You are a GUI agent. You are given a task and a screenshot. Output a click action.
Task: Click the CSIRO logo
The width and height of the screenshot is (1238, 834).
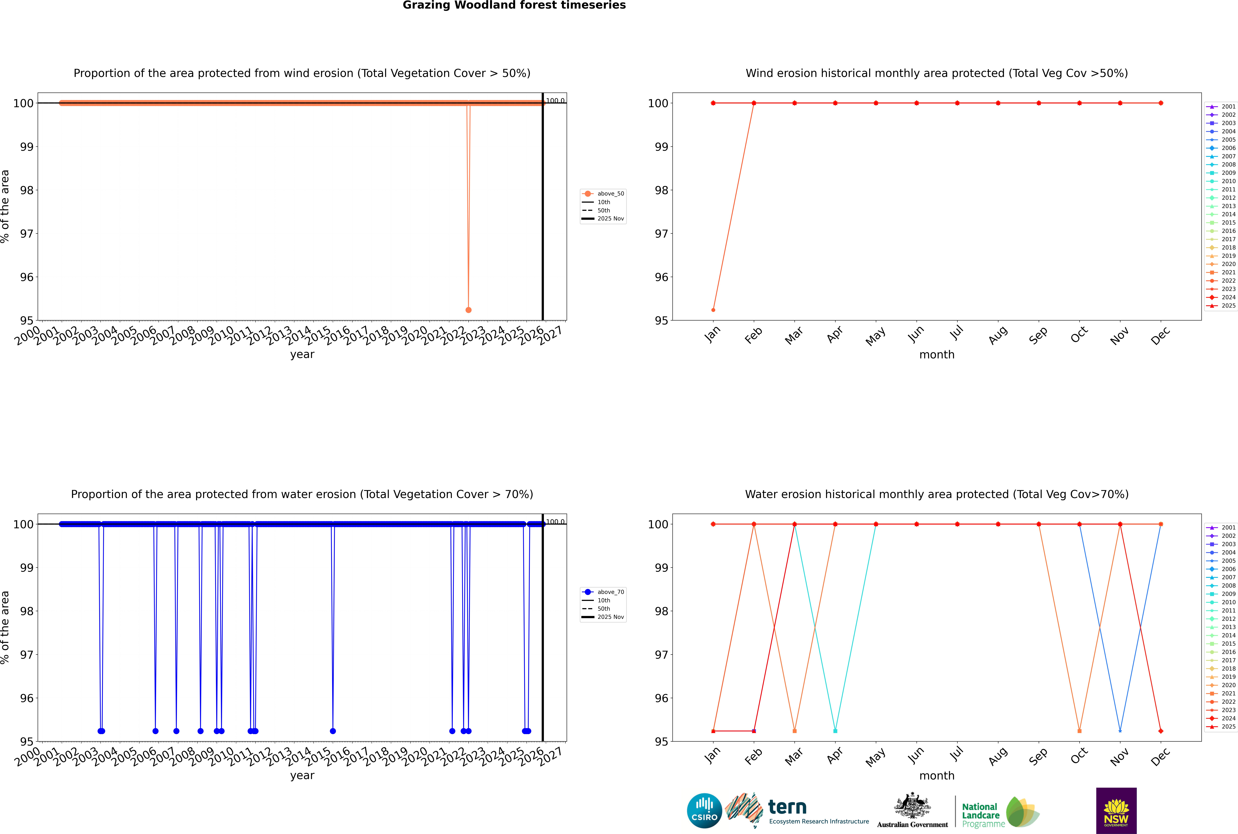[x=704, y=811]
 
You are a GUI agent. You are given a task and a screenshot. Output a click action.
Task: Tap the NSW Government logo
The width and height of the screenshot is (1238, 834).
[x=1116, y=811]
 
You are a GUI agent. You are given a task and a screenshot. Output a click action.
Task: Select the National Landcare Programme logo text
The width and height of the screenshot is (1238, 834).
[x=980, y=815]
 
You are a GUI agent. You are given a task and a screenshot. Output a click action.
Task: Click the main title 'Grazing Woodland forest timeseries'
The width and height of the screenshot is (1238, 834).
[x=514, y=5]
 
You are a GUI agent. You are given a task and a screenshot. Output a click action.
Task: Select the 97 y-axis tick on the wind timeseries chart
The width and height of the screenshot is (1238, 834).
[x=27, y=234]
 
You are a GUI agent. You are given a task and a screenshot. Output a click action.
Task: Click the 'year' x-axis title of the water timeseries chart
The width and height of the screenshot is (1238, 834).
[x=302, y=776]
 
